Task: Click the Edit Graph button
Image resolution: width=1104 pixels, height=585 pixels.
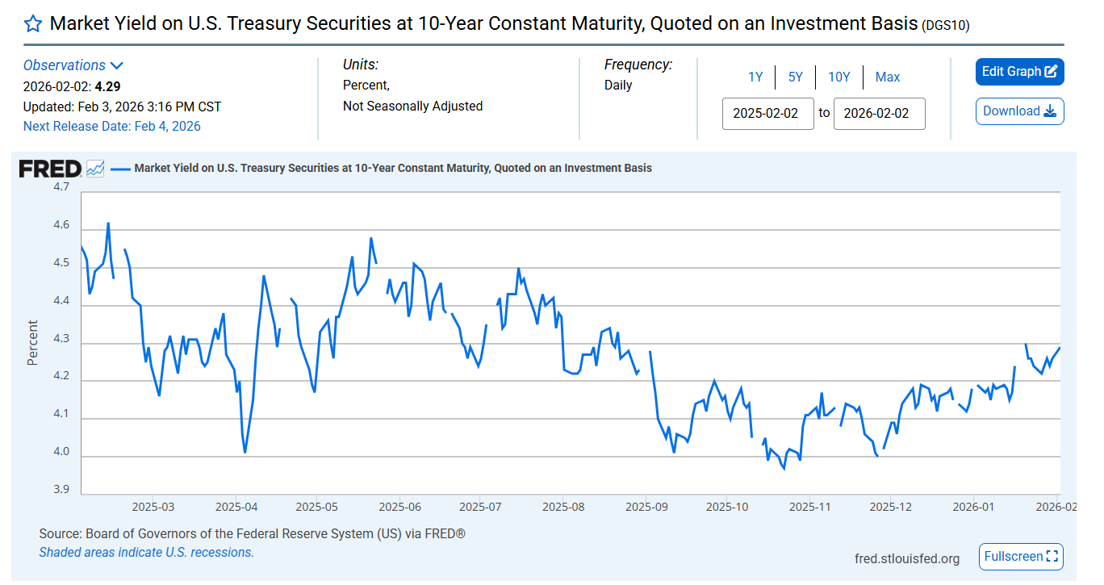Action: (x=1019, y=72)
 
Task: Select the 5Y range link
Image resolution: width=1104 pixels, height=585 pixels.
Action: (x=796, y=77)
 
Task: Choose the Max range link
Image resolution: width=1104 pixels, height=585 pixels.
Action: (x=887, y=77)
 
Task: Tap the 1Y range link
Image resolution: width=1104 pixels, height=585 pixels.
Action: (x=755, y=77)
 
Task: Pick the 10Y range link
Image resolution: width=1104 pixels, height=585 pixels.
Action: (x=838, y=77)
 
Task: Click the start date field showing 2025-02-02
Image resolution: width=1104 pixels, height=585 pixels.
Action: (x=767, y=114)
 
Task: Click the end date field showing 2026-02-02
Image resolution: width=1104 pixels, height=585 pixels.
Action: (x=879, y=114)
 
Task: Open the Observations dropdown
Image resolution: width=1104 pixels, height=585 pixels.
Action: (x=73, y=65)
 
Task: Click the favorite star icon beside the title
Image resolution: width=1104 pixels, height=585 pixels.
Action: (x=32, y=23)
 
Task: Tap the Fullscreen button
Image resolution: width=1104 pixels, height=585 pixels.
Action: (x=1021, y=557)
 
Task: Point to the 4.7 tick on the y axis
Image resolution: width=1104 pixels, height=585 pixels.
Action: (x=61, y=187)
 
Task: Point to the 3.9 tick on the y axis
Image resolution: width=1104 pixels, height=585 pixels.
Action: (x=61, y=490)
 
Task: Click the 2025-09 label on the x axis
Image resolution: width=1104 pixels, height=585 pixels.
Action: (x=646, y=508)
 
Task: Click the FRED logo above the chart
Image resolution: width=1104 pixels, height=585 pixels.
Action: (x=50, y=169)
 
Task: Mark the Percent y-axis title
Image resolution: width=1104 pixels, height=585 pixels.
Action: (x=33, y=343)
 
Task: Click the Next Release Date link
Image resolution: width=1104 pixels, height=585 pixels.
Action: (x=111, y=127)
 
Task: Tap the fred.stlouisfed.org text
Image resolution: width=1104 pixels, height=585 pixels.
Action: (x=907, y=559)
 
